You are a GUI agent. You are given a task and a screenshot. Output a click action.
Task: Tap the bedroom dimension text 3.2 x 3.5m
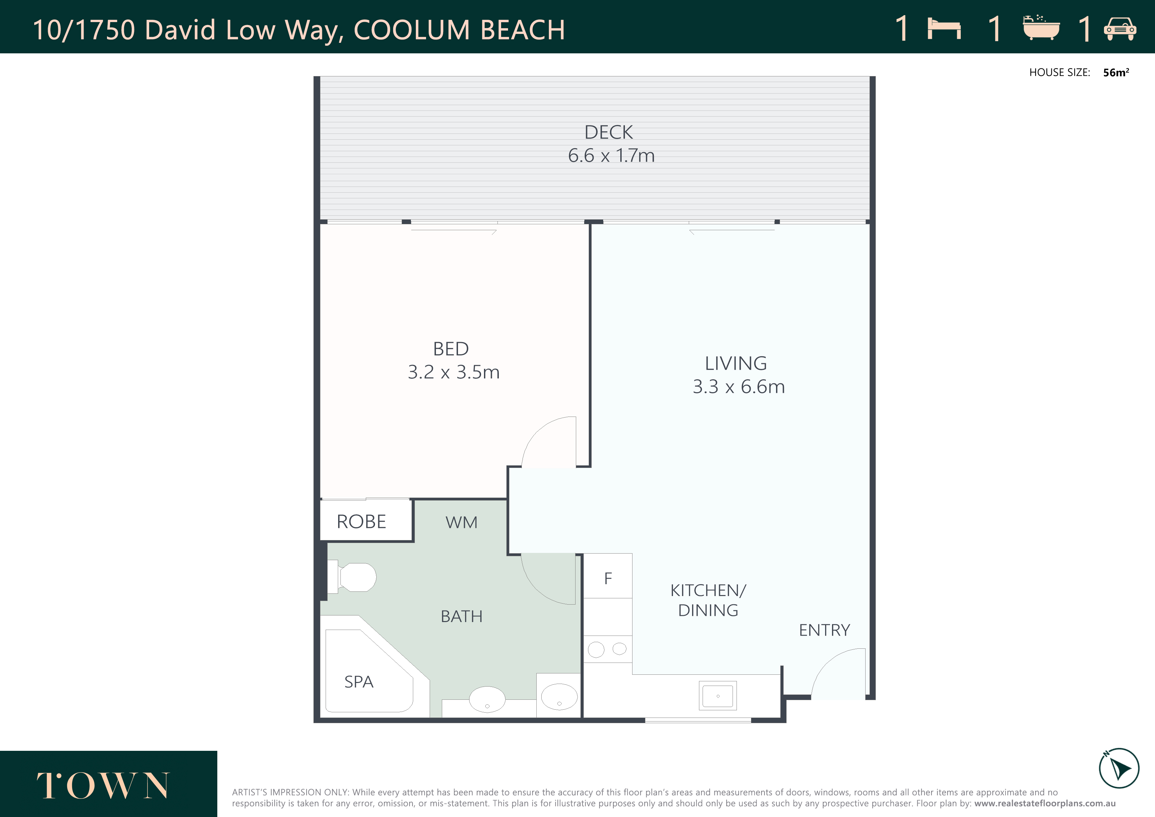tap(453, 372)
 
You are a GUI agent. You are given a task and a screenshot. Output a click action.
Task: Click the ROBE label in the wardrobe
tap(361, 522)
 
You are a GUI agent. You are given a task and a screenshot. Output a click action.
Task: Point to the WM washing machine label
tap(461, 523)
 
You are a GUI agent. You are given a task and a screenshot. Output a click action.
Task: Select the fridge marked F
tap(608, 576)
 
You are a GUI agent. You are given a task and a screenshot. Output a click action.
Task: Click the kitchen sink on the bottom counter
tap(718, 696)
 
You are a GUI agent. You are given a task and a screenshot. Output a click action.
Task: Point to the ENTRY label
tap(824, 630)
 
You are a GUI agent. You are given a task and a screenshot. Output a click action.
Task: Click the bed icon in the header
tap(944, 28)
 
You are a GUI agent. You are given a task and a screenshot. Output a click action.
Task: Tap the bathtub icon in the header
tap(1041, 28)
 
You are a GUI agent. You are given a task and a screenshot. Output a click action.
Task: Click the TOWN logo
tap(103, 785)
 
